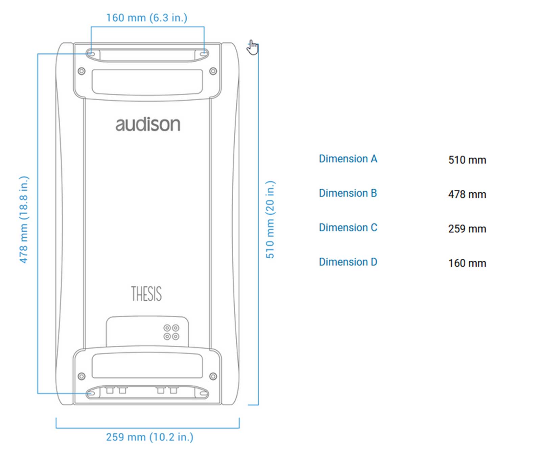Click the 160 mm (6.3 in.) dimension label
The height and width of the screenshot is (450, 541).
(147, 18)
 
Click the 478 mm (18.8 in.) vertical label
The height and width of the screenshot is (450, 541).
(24, 219)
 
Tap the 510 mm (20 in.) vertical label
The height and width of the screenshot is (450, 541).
(270, 219)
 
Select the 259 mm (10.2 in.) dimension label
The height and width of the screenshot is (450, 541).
(149, 437)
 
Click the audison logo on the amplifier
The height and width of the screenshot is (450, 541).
(148, 124)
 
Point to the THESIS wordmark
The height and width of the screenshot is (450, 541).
(146, 294)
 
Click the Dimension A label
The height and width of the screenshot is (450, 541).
(348, 159)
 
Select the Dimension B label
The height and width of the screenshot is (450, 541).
(348, 193)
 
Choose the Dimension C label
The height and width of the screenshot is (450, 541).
(348, 228)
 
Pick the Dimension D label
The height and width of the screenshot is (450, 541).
(348, 262)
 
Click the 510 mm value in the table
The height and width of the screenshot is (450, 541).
(467, 160)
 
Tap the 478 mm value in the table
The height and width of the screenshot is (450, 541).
(467, 194)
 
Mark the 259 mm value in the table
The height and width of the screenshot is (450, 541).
(467, 229)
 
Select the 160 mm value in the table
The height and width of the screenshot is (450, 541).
(467, 263)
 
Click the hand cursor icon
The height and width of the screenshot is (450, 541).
(253, 47)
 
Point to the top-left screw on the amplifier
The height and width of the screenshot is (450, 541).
(81, 71)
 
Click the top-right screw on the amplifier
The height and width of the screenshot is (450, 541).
(213, 71)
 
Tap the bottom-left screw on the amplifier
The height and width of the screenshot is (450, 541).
(81, 376)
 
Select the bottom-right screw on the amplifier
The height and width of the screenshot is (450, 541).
(213, 376)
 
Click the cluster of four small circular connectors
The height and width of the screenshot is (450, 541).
(171, 332)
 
